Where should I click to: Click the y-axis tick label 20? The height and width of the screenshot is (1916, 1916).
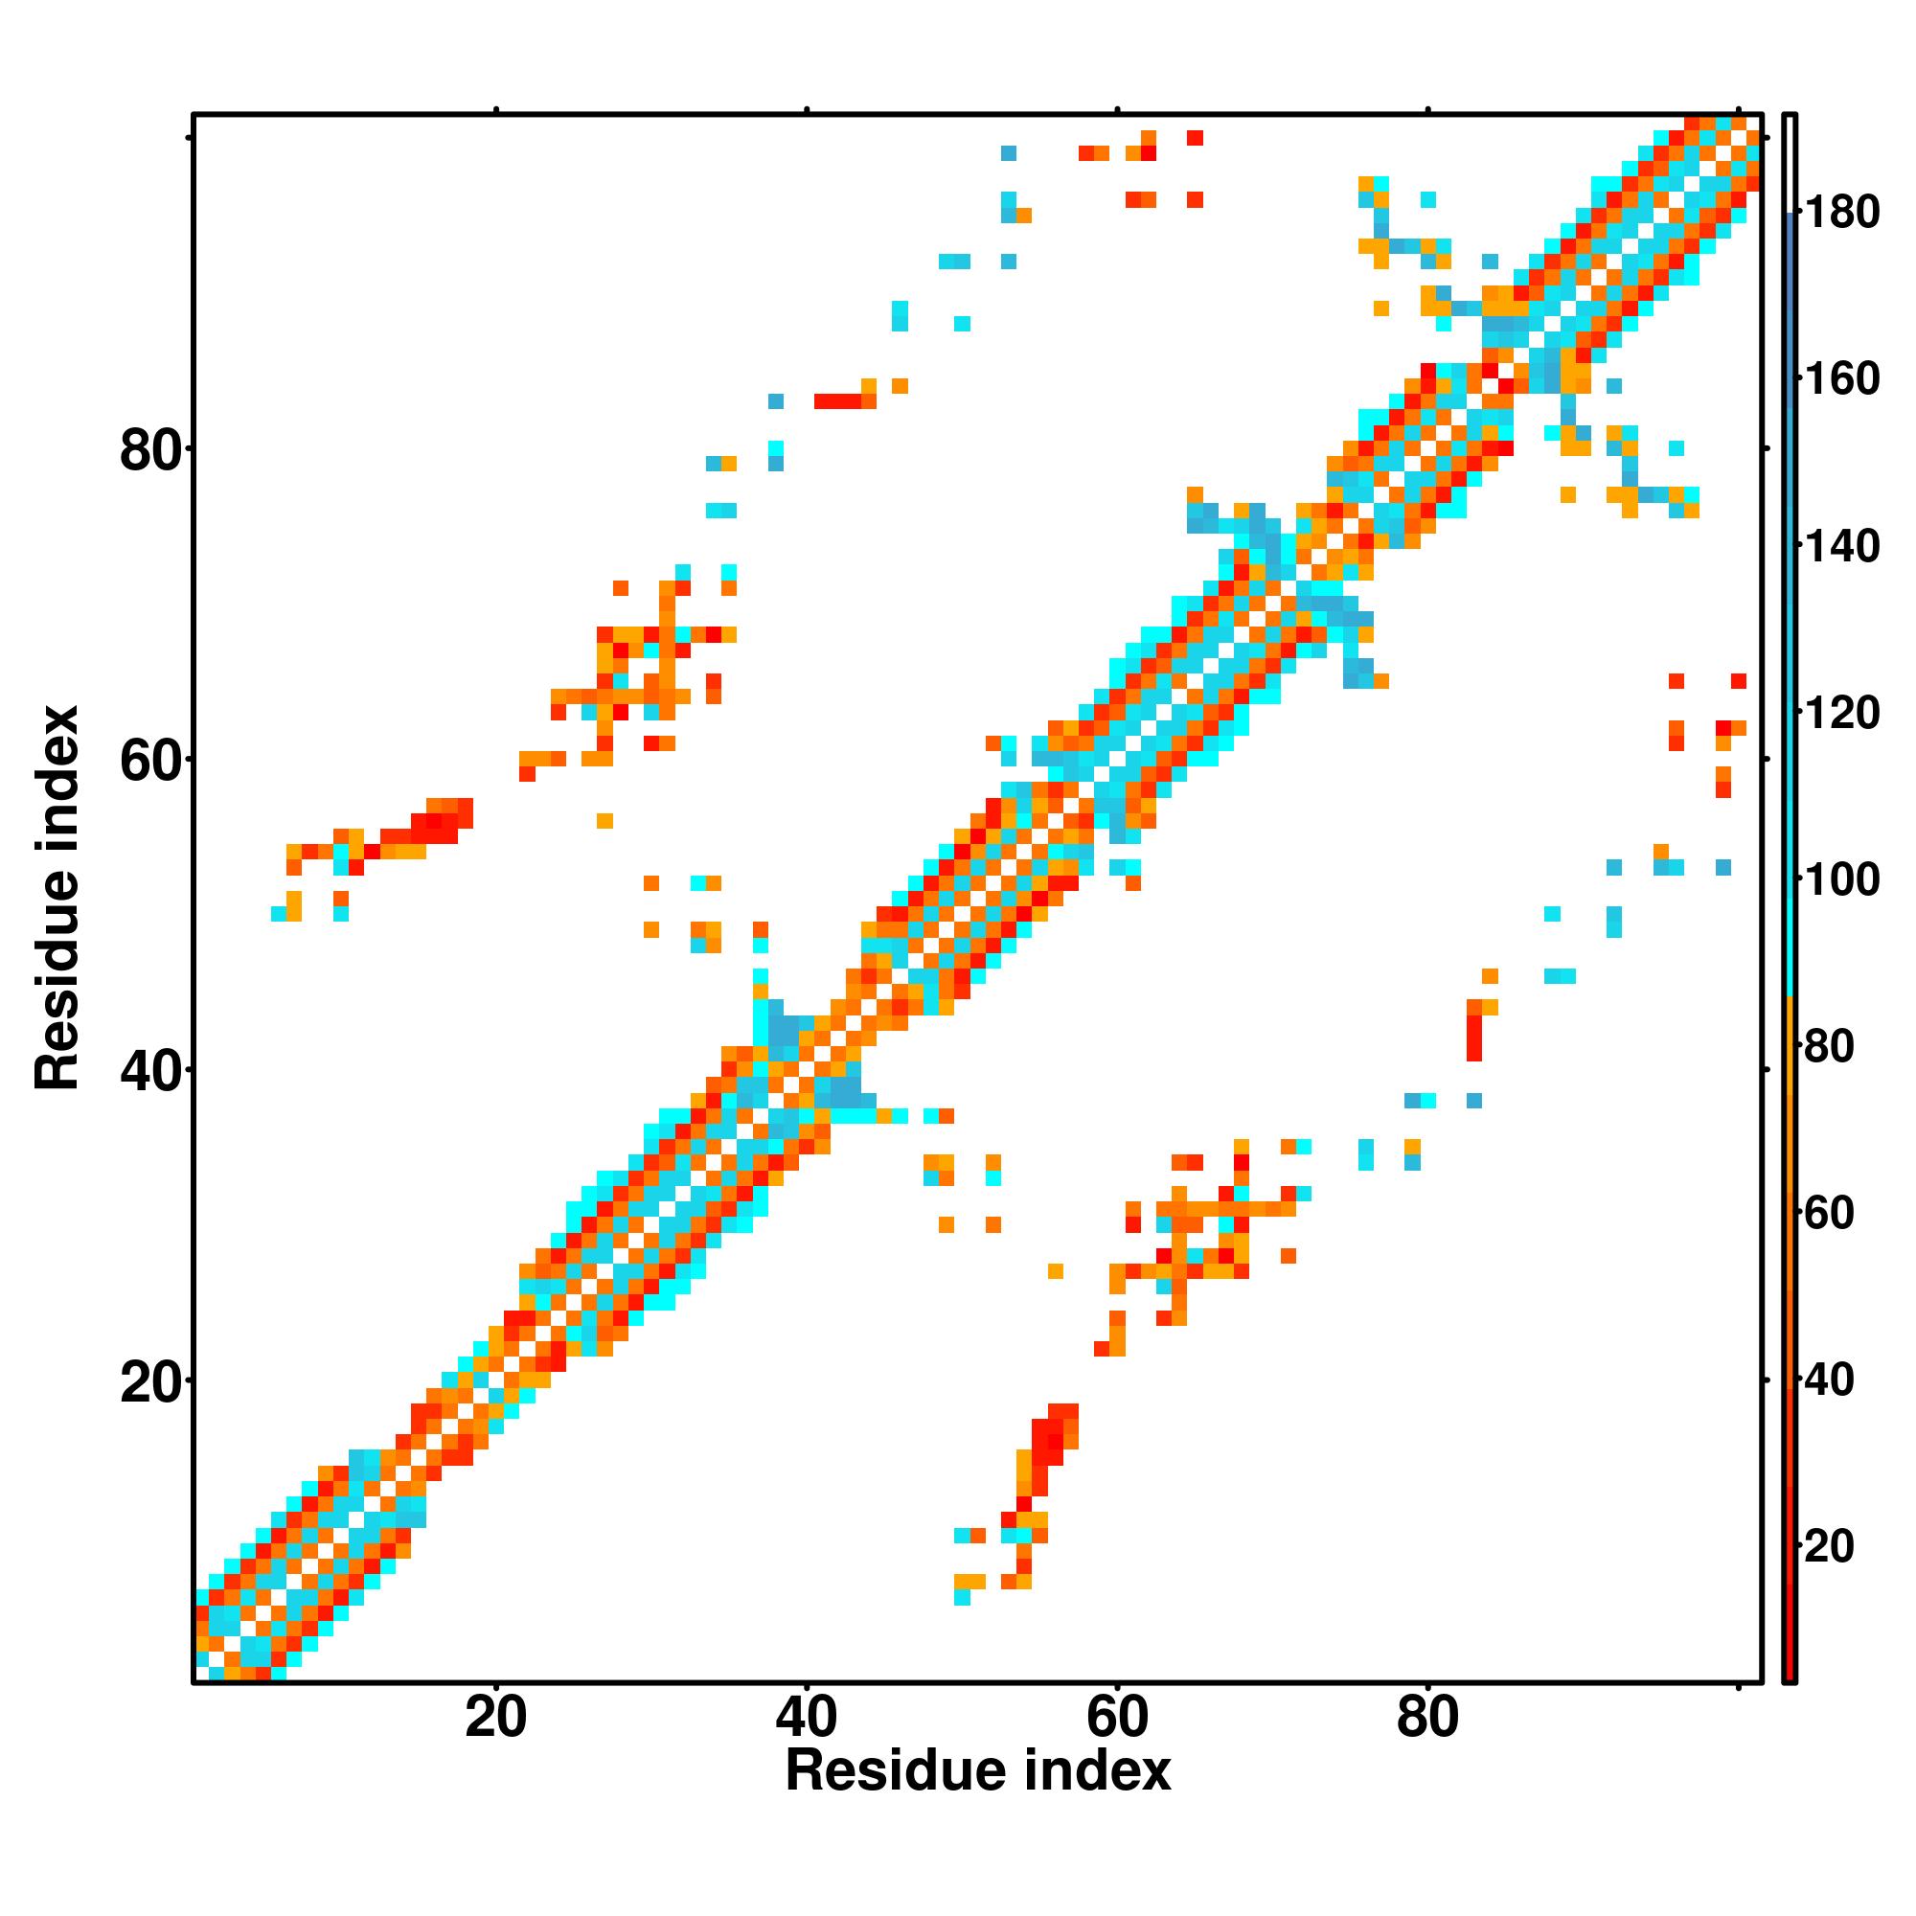[x=150, y=1383]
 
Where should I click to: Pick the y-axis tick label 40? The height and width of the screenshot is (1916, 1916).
[x=150, y=1072]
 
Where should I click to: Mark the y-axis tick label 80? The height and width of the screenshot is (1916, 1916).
[x=150, y=452]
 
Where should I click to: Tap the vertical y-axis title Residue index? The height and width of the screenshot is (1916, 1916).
[x=57, y=898]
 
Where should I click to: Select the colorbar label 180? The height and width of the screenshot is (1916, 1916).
[x=1841, y=214]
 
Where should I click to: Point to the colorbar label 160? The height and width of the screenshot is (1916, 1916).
[x=1841, y=379]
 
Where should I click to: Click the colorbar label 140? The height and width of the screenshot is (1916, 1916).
[x=1841, y=546]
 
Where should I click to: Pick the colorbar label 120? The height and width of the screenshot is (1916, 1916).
[x=1841, y=713]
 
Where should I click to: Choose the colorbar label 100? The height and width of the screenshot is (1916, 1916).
[x=1841, y=879]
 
